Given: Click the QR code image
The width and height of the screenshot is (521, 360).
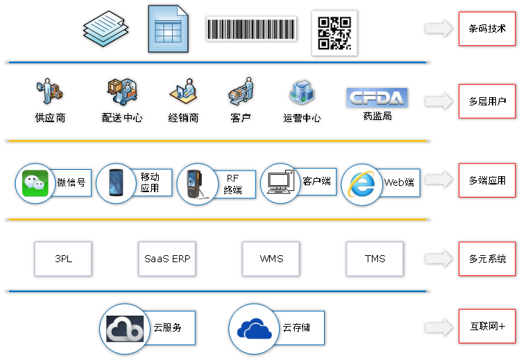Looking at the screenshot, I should tap(334, 32).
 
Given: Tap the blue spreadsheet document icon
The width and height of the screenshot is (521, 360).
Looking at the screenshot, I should tap(168, 29).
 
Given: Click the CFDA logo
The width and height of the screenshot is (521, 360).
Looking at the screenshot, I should tap(377, 98).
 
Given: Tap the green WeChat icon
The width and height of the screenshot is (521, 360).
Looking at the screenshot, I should tap(35, 184).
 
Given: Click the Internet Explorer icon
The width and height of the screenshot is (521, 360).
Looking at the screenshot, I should tap(361, 184).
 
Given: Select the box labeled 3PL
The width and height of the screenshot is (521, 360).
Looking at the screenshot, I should tap(63, 259).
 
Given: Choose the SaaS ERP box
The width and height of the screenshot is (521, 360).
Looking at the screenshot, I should tap(166, 259).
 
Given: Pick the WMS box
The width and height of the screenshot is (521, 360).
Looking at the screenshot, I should tap(271, 259).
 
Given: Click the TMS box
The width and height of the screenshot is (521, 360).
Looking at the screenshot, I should tap(375, 259).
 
